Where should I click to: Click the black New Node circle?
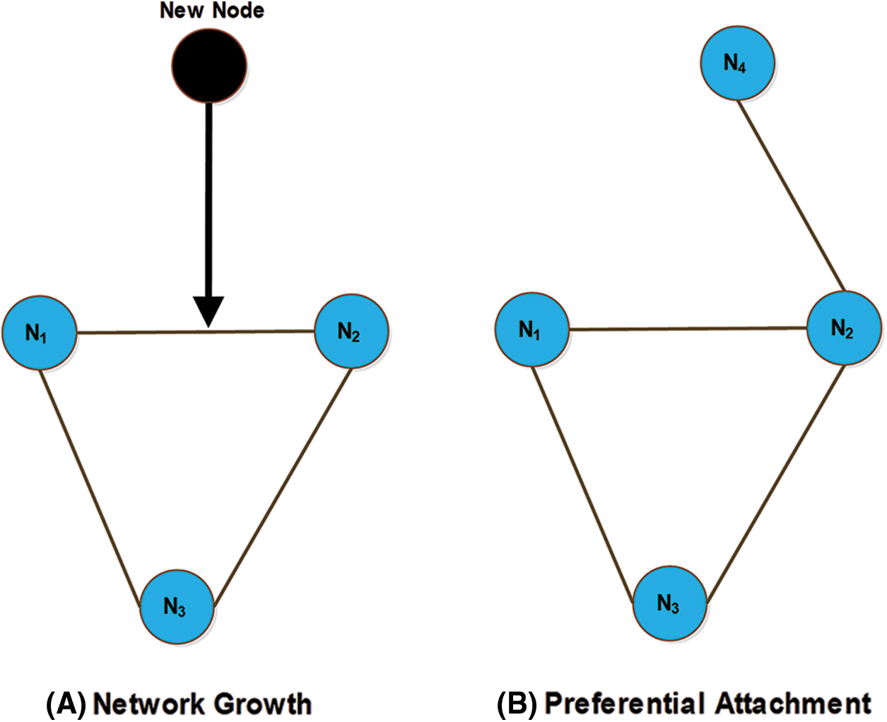[209, 66]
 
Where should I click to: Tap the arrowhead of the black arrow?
[208, 311]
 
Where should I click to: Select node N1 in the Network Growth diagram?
[39, 332]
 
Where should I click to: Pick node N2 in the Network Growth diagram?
[351, 331]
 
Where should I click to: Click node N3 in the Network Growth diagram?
[177, 606]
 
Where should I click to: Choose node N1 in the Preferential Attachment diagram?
[531, 330]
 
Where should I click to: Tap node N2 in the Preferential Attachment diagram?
[844, 328]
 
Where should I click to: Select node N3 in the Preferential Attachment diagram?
[669, 603]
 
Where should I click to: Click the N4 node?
[737, 63]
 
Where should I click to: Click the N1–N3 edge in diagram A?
[88, 488]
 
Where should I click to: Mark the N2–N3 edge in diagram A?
[283, 488]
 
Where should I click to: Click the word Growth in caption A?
[262, 704]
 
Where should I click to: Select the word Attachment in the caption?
[793, 704]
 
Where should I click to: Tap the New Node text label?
[211, 11]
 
